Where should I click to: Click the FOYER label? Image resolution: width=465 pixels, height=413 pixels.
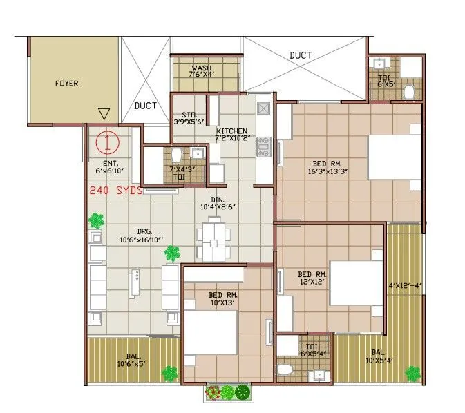coord(67,84)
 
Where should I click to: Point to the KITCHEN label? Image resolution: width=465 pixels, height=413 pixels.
coord(231,131)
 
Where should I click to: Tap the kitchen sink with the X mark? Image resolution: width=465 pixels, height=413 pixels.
coord(263,108)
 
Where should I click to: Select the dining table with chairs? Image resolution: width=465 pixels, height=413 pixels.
coord(212,238)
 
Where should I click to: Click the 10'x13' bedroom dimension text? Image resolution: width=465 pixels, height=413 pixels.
coord(222,302)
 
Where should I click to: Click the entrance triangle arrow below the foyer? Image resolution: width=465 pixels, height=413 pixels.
coord(104,114)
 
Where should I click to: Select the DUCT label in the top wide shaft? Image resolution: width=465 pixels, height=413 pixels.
coord(300,55)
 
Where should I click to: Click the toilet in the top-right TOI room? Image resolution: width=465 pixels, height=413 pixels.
coord(408,90)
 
